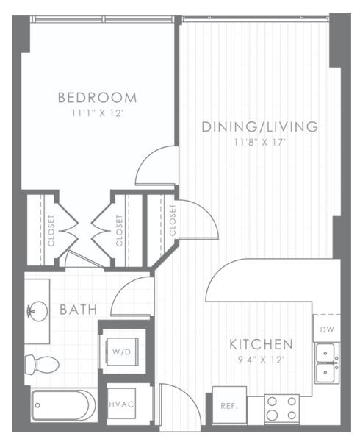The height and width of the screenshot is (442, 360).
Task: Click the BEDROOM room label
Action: [97, 97]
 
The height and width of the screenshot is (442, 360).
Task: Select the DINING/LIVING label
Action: [260, 126]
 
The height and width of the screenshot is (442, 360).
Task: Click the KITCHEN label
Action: [262, 344]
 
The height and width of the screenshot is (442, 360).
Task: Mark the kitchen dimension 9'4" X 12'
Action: [262, 360]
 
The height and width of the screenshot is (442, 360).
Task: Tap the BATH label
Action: [79, 310]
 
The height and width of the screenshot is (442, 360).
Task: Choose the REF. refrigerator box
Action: [228, 404]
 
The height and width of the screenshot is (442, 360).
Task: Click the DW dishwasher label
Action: [326, 329]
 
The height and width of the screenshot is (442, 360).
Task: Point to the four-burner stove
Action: [281, 407]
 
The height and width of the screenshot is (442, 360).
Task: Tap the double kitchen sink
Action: [327, 363]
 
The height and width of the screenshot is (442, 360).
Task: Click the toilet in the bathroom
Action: [42, 364]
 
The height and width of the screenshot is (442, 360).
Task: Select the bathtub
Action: [63, 405]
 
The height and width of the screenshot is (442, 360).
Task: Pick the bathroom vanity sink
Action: [34, 310]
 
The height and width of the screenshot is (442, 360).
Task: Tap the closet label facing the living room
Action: [173, 220]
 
